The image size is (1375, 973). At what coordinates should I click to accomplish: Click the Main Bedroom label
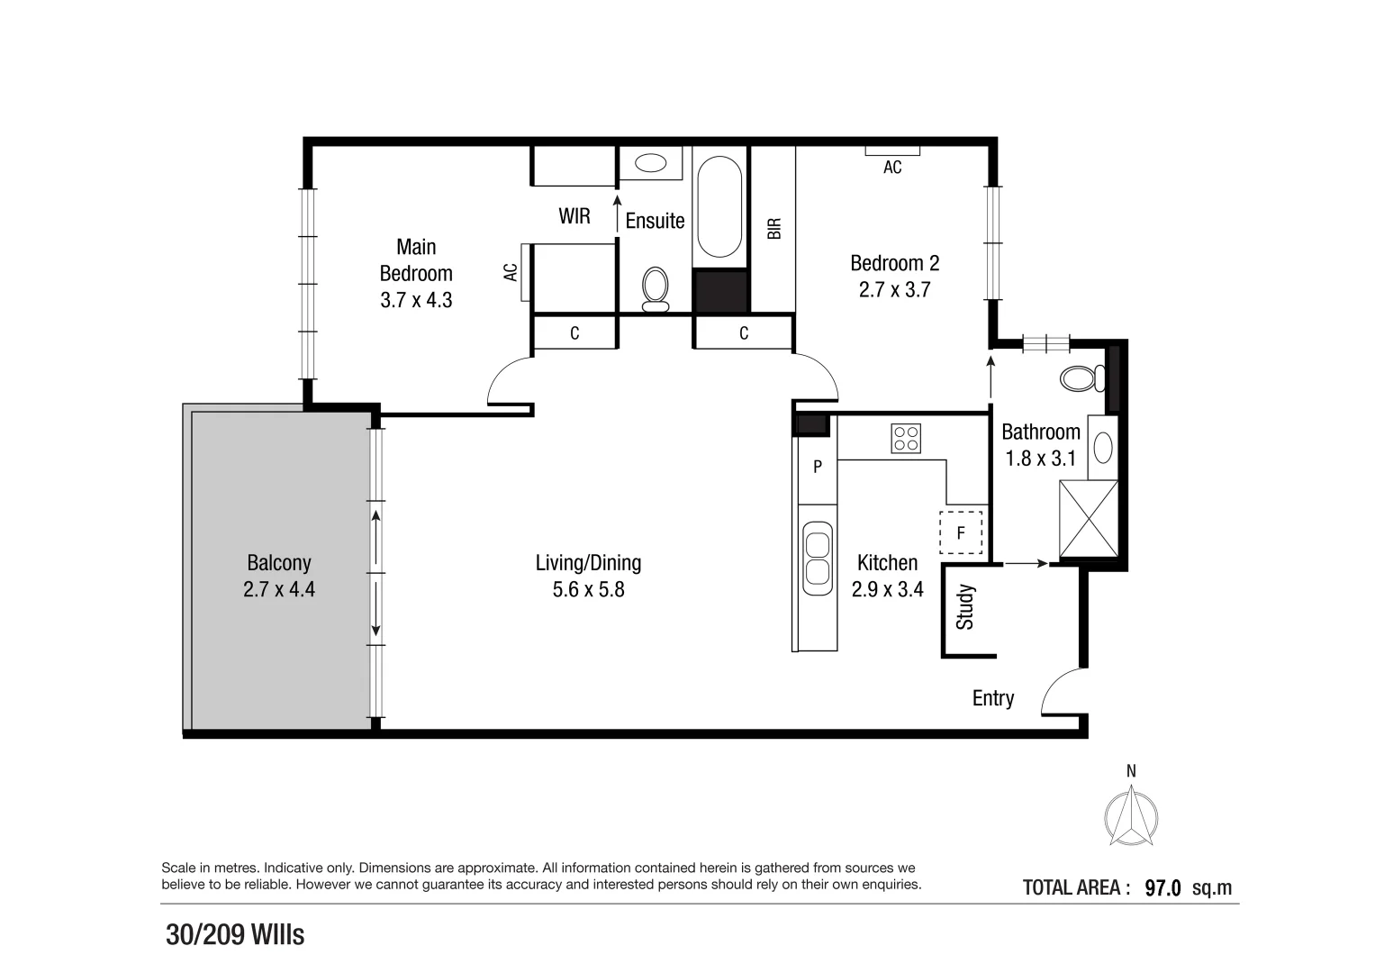pos(416,260)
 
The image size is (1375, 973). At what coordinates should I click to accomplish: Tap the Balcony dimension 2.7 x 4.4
pos(279,590)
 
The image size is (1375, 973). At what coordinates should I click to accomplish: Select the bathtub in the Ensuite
pos(719,207)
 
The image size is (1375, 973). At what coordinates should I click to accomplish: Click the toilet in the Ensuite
pos(656,287)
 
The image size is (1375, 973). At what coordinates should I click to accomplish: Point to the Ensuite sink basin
pos(648,163)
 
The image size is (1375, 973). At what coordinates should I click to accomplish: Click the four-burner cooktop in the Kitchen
pos(906,438)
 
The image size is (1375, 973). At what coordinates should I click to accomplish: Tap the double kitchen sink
pos(818,559)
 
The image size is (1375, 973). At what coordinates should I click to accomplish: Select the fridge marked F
pos(960,532)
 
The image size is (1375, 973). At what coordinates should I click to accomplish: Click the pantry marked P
pos(818,468)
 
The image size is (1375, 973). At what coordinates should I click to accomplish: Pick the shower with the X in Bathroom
pos(1089,520)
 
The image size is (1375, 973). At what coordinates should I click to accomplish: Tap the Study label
pos(965,606)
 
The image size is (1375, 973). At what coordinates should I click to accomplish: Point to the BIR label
pos(774,229)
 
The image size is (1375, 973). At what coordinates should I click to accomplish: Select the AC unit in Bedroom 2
pos(892,150)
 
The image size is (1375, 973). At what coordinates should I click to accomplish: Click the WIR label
pos(574,216)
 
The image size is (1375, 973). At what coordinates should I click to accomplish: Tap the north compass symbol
pos(1131,815)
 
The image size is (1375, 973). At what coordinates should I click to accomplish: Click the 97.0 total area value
pos(1162,888)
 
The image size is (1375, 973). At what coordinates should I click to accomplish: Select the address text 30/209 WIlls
pos(235,935)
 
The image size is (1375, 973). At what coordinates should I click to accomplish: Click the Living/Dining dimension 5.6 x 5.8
pos(589,590)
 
